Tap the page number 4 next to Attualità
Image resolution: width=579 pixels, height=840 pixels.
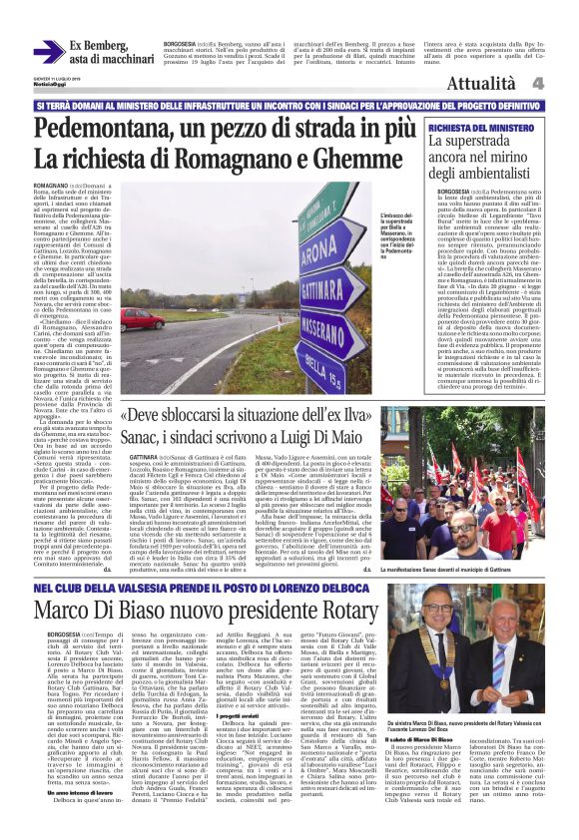[564, 84]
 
